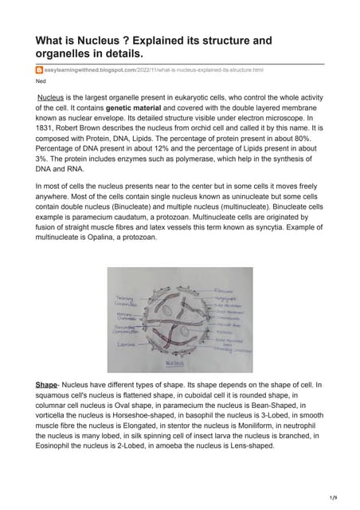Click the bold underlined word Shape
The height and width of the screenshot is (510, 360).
(47, 385)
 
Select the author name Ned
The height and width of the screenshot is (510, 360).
(41, 81)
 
